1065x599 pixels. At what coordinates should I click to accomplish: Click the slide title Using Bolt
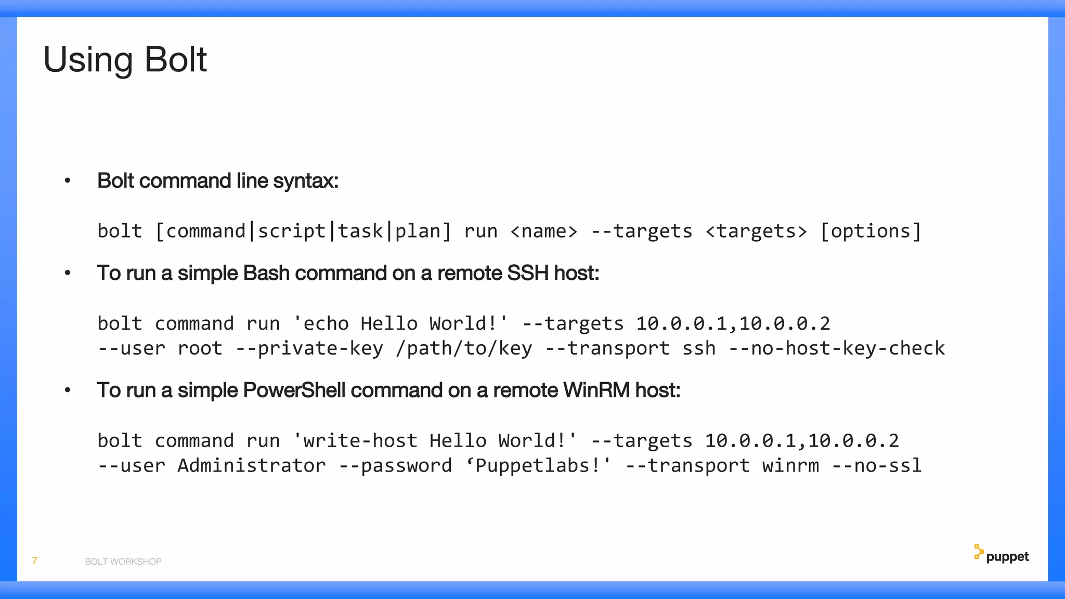pyautogui.click(x=125, y=60)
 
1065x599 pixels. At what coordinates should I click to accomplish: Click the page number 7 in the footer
pyautogui.click(x=35, y=561)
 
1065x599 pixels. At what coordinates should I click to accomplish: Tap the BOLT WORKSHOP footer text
pyautogui.click(x=123, y=562)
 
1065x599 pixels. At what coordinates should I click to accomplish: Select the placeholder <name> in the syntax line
pyautogui.click(x=544, y=231)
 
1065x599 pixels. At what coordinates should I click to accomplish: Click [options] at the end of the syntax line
pyautogui.click(x=871, y=231)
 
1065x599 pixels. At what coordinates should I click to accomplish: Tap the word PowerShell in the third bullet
pyautogui.click(x=294, y=390)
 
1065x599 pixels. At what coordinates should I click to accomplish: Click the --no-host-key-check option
pyautogui.click(x=836, y=348)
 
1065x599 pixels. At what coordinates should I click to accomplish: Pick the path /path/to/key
pyautogui.click(x=464, y=348)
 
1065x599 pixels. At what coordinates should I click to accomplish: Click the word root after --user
pyautogui.click(x=200, y=348)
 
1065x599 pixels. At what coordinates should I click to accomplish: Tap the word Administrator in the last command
pyautogui.click(x=252, y=465)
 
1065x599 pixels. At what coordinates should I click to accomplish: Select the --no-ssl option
pyautogui.click(x=876, y=465)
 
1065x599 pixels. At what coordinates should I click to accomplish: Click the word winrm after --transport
pyautogui.click(x=790, y=465)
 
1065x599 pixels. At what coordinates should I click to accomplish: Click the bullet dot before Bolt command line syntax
pyautogui.click(x=67, y=181)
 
